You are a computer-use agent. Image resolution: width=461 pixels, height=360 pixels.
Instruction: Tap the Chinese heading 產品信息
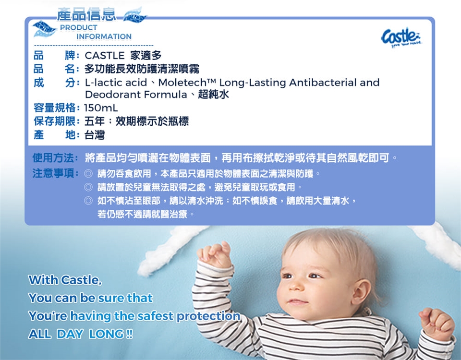86,15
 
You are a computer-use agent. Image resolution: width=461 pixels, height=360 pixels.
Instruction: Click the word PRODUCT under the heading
78,28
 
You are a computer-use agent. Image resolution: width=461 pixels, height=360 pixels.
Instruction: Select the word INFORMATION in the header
104,37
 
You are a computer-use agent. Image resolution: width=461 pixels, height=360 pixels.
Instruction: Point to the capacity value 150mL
101,108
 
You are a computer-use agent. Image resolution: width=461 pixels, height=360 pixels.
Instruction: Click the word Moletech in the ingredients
183,83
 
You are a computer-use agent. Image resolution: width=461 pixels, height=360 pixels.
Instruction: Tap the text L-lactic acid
116,83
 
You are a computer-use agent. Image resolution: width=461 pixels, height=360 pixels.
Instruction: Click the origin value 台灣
95,135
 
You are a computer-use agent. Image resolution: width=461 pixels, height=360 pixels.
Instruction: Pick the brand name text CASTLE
105,56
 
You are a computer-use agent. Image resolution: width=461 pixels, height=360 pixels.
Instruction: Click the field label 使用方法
53,158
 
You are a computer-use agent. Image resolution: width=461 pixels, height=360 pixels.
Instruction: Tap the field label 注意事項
53,173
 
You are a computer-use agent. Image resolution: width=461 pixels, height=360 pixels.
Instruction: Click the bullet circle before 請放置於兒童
88,187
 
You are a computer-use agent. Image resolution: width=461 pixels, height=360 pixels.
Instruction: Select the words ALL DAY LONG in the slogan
81,334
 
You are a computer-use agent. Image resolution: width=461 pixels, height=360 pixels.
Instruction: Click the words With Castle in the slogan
65,280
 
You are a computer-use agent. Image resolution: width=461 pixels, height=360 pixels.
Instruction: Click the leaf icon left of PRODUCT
45,28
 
